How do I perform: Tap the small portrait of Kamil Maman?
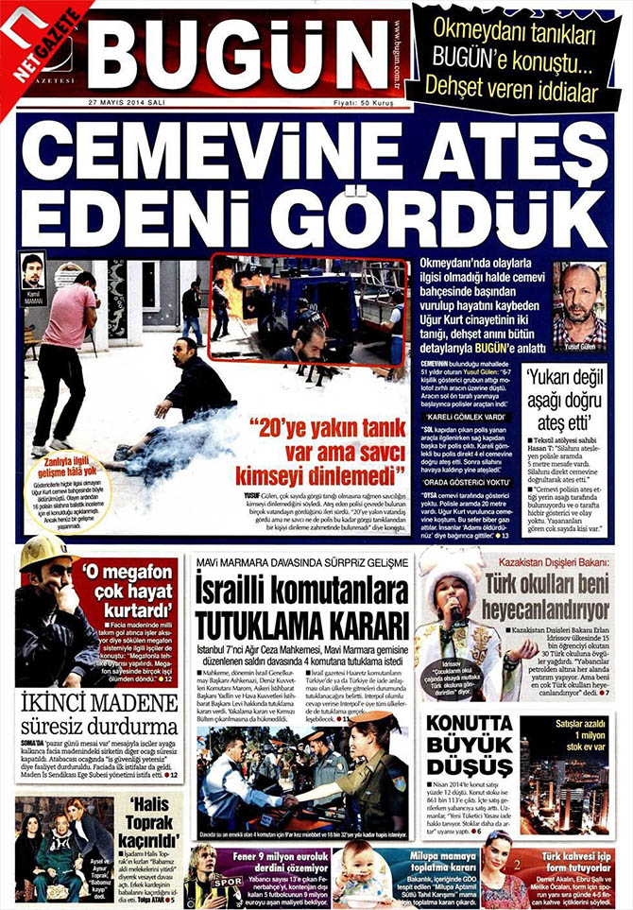point(33,274)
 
